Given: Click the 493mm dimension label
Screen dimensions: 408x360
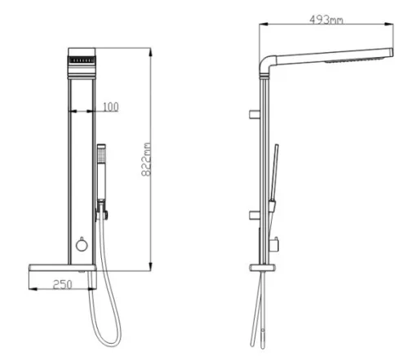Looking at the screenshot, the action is (326, 20).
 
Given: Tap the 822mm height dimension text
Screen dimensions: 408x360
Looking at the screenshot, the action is (146, 159).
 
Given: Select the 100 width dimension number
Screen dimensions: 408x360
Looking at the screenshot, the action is (111, 107).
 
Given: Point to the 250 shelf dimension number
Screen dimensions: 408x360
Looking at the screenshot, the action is (63, 285).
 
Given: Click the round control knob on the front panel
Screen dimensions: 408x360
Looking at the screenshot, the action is (82, 245).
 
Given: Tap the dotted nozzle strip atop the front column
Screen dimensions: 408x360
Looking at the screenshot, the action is (82, 60).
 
